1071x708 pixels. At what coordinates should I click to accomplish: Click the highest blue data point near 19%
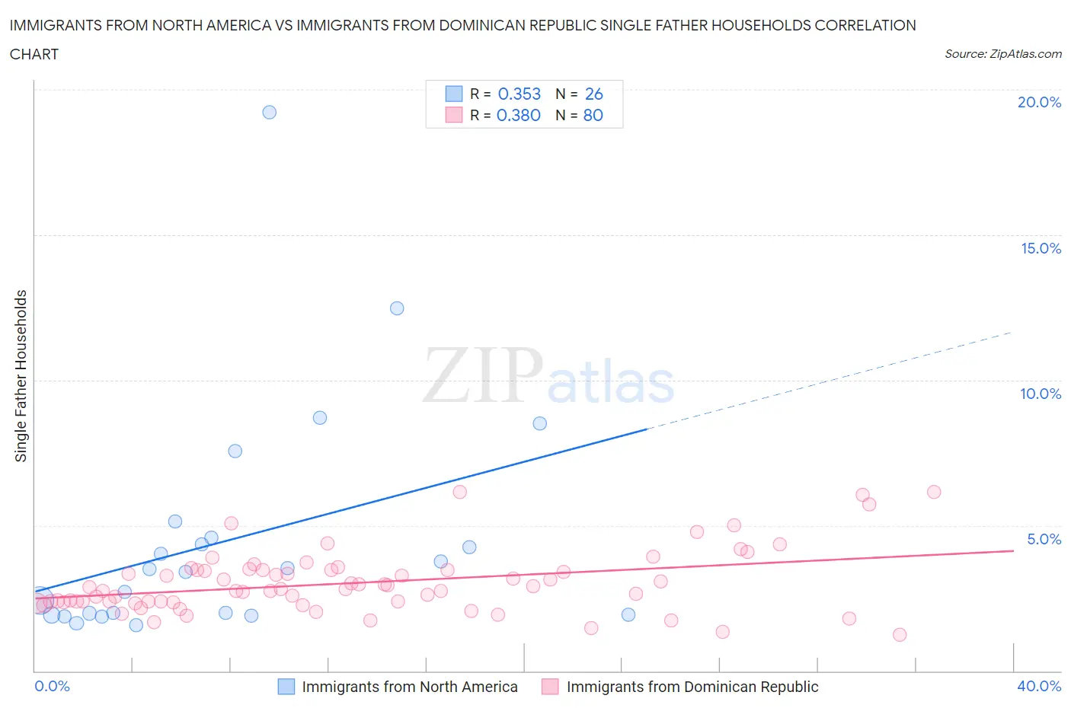click(x=269, y=112)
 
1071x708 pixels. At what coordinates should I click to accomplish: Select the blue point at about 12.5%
click(x=397, y=308)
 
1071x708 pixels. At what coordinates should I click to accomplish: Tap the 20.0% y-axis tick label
click(x=1039, y=102)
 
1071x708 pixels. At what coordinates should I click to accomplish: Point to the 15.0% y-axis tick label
click(x=1041, y=248)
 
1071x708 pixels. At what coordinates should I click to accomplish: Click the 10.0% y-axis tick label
click(x=1041, y=394)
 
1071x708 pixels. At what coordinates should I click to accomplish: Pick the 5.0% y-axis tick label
click(x=1044, y=539)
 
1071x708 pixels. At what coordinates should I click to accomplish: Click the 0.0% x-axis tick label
click(x=53, y=686)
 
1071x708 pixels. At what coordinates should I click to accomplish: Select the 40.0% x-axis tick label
click(x=1039, y=686)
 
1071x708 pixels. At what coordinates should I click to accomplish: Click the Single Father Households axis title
click(x=21, y=375)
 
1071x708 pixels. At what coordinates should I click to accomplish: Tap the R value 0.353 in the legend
click(x=519, y=94)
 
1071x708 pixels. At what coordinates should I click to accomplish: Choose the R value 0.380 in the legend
click(x=518, y=115)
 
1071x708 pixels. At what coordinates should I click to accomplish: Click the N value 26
click(x=593, y=94)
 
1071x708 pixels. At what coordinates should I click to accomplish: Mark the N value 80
click(x=593, y=115)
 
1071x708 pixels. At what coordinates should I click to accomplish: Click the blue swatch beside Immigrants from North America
click(x=286, y=687)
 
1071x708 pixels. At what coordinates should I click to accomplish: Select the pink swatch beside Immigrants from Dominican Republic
click(x=550, y=687)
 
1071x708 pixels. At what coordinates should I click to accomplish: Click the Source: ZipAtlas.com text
click(x=1002, y=53)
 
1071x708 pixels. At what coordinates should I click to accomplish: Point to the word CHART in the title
click(x=34, y=54)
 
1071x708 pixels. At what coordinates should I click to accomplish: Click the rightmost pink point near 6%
click(x=934, y=492)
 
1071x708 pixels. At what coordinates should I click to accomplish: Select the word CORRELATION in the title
click(x=865, y=25)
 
